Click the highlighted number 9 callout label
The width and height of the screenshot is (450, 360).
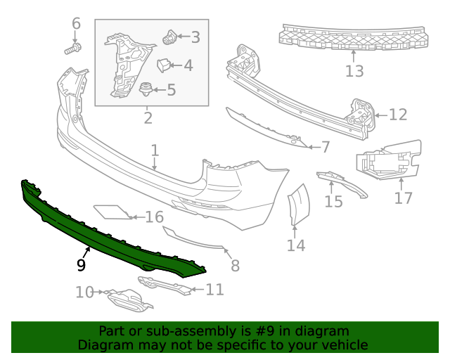[82, 265]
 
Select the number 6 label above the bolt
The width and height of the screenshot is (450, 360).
[77, 25]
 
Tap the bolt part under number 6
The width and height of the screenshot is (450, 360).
[72, 49]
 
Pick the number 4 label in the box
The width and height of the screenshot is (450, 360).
[188, 65]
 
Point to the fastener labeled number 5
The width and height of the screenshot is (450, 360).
[147, 89]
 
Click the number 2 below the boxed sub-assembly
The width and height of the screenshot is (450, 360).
[148, 117]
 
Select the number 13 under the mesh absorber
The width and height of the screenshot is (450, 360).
[354, 71]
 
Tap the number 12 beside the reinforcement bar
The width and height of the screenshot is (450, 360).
[398, 114]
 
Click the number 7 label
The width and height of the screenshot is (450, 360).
[325, 147]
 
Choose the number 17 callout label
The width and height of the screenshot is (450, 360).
[403, 198]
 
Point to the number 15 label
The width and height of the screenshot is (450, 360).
[333, 202]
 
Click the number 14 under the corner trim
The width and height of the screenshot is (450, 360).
[296, 245]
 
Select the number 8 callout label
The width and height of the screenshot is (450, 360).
[235, 266]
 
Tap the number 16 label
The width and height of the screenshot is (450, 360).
[154, 217]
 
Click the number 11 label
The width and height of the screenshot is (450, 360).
[214, 289]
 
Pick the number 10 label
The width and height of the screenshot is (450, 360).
[84, 292]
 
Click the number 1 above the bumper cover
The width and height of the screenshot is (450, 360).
[155, 150]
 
